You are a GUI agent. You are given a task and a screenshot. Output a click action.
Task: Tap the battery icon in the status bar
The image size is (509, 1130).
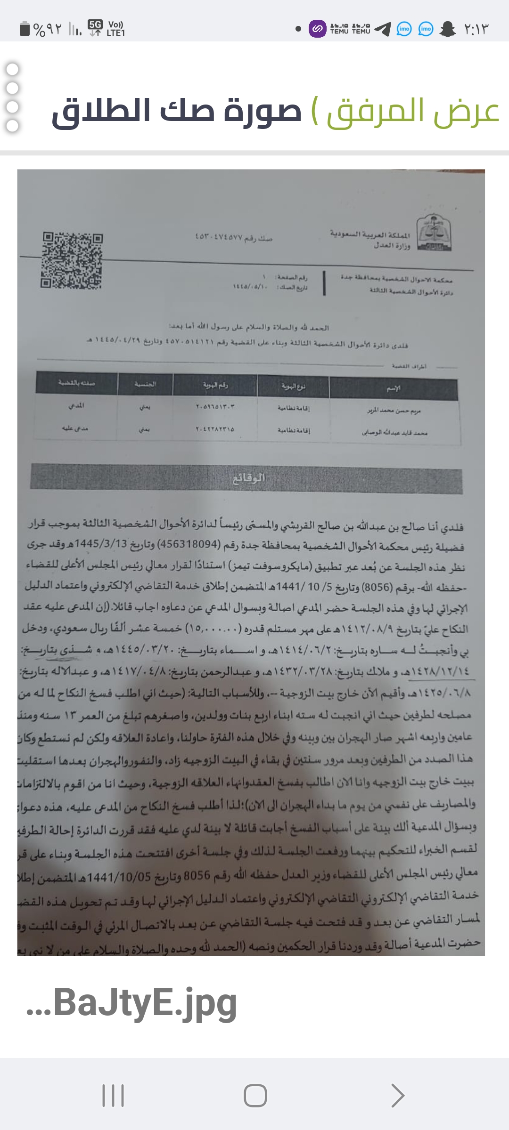(x=25, y=29)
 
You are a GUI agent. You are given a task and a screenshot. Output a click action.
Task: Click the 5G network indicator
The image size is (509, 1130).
(x=95, y=28)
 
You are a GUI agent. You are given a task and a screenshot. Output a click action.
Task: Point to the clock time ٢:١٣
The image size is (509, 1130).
(x=476, y=29)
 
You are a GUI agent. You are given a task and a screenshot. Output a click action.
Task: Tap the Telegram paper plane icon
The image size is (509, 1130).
(x=383, y=29)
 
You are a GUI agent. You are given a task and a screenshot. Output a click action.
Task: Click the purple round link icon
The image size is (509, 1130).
(x=317, y=29)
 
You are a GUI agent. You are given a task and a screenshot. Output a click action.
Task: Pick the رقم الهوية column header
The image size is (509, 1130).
(x=215, y=385)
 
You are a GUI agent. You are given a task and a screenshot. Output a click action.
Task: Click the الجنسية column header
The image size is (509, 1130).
(x=145, y=384)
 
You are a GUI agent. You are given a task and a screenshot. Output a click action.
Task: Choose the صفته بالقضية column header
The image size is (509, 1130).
(x=76, y=383)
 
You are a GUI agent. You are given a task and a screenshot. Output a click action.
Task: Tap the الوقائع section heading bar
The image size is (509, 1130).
(x=246, y=478)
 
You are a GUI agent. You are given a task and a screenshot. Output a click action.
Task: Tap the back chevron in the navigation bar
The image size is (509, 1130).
(x=397, y=1096)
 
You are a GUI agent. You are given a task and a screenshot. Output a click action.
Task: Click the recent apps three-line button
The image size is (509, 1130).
(x=113, y=1096)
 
